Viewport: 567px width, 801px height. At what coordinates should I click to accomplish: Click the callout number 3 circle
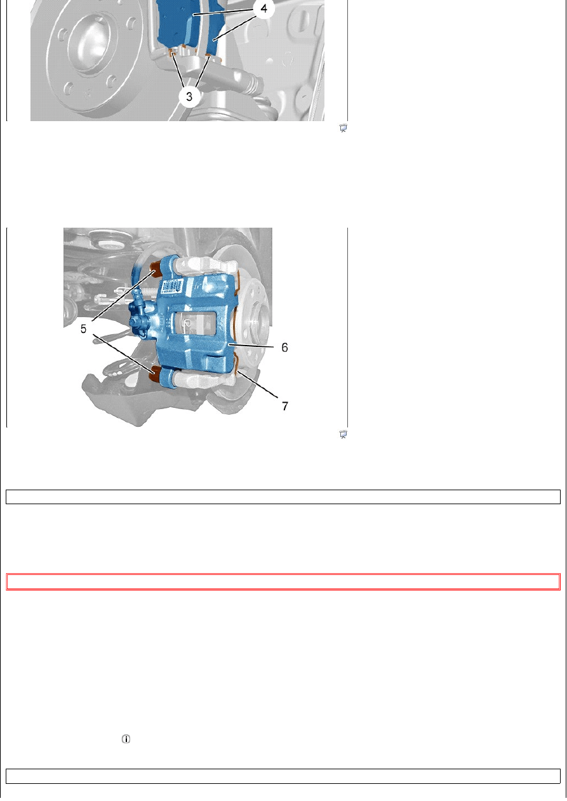pos(189,96)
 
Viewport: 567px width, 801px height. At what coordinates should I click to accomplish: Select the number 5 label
pos(83,329)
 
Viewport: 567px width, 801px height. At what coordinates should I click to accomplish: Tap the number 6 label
pos(284,347)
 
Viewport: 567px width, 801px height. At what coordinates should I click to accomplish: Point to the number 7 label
pos(285,407)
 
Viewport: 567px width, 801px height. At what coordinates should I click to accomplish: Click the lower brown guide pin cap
pos(156,374)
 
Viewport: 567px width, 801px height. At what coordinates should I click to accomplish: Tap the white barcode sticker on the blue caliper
pos(173,287)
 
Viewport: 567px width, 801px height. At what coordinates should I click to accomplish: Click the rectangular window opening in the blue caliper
pos(195,323)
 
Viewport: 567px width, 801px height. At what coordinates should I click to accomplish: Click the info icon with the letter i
pos(126,739)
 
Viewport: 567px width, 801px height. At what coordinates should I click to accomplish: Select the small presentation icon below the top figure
pos(344,128)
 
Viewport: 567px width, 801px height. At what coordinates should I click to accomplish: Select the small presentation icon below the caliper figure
pos(344,434)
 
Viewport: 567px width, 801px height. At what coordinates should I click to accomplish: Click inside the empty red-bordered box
pos(283,582)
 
